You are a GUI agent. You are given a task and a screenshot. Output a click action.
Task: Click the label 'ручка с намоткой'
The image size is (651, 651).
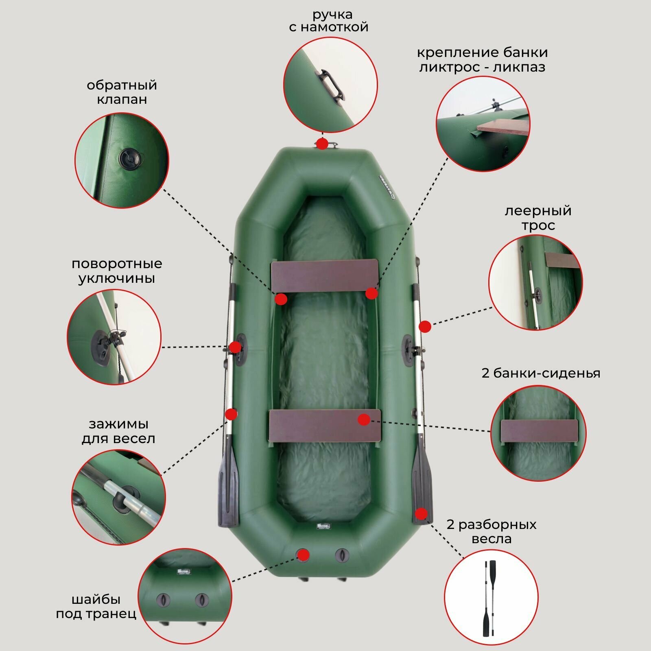tap(328, 21)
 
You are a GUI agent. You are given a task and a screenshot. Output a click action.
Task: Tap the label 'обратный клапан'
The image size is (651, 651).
tap(122, 92)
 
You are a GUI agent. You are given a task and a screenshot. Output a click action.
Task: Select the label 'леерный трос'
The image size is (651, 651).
tap(538, 218)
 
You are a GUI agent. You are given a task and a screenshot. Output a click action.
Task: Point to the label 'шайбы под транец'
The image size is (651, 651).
tap(96, 606)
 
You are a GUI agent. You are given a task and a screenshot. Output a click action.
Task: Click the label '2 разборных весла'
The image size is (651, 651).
tap(492, 531)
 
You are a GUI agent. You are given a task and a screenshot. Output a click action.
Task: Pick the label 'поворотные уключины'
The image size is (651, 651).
tap(117, 271)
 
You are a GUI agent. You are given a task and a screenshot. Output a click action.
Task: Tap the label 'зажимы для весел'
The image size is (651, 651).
tap(118, 431)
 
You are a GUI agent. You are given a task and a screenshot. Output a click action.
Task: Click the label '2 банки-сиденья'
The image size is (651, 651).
tap(541, 373)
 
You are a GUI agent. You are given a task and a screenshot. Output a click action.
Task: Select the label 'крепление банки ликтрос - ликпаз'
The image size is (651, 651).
tap(482, 59)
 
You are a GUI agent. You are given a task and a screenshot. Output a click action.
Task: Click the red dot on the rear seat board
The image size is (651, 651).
tap(364, 419)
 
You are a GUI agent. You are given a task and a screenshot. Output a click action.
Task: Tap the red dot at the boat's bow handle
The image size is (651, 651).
tap(322, 144)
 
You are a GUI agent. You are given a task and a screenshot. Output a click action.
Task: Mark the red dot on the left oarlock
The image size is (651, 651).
tap(235, 347)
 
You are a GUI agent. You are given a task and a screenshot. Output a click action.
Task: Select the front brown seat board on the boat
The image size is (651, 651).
tap(325, 276)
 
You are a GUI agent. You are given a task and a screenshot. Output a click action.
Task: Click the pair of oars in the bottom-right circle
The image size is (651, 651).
tap(491, 598)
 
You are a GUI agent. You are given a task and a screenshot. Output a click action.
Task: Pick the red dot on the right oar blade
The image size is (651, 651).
tap(422, 514)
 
